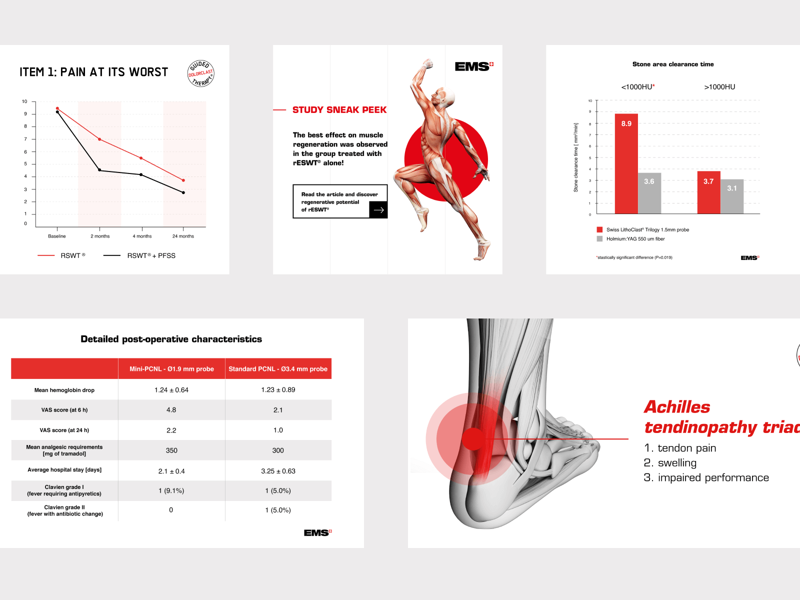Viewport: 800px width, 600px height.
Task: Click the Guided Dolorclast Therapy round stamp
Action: coord(201,73)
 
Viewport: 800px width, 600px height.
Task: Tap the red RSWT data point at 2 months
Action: coord(100,139)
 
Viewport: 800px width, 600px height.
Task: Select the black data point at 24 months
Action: coord(183,192)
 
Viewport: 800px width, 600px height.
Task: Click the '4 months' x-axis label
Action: coord(142,236)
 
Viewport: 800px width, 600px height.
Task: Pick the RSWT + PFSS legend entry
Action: coord(139,255)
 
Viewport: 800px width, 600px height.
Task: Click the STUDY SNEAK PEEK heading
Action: coord(339,110)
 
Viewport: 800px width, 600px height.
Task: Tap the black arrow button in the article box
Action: coord(378,209)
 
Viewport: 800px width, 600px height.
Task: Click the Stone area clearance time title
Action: coord(673,64)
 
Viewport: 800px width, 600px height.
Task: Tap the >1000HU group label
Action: coord(719,87)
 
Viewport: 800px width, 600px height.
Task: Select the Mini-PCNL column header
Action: coord(171,369)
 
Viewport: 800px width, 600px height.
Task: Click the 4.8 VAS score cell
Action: coord(171,410)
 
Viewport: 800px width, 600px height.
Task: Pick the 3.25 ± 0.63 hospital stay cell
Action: coord(278,471)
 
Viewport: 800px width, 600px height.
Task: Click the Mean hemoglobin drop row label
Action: coord(64,390)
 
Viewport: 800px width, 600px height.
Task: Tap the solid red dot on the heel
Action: coord(473,439)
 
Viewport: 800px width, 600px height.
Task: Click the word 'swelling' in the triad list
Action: coord(677,463)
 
